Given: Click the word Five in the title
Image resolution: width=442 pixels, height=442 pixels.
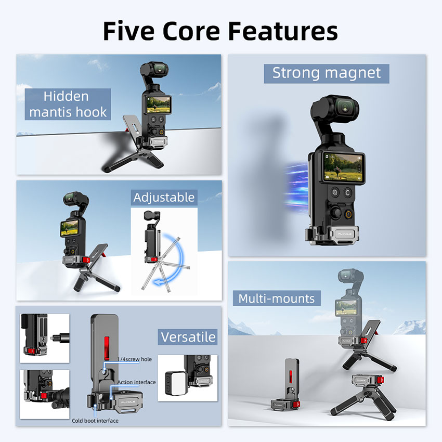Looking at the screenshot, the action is coord(128,31).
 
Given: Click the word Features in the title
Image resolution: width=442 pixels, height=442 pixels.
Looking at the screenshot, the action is coord(283,31).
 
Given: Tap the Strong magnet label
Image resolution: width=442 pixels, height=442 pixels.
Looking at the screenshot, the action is coord(327,73).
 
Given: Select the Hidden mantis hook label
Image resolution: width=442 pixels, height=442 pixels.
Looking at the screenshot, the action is coord(68,104).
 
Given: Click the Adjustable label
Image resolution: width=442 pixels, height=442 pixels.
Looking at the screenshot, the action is coord(164,197).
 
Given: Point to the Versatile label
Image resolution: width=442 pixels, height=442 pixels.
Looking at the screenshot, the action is coord(188,337).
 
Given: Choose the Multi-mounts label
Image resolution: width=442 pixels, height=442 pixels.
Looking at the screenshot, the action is coord(277,298).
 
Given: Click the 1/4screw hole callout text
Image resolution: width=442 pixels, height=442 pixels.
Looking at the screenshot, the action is coord(135,359).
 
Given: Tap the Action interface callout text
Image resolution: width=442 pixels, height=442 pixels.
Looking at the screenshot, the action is coord(136,382).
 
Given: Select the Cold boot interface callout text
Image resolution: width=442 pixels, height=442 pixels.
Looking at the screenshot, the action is coord(95,421).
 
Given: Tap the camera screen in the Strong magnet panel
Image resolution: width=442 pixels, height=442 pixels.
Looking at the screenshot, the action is coord(343,167).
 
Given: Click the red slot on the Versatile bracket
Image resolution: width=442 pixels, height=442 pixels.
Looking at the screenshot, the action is coord(107,348).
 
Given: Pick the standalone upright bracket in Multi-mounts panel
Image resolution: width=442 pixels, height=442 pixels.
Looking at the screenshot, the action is coord(285,384).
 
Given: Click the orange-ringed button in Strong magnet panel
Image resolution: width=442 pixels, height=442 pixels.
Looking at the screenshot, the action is coord(349,214).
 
